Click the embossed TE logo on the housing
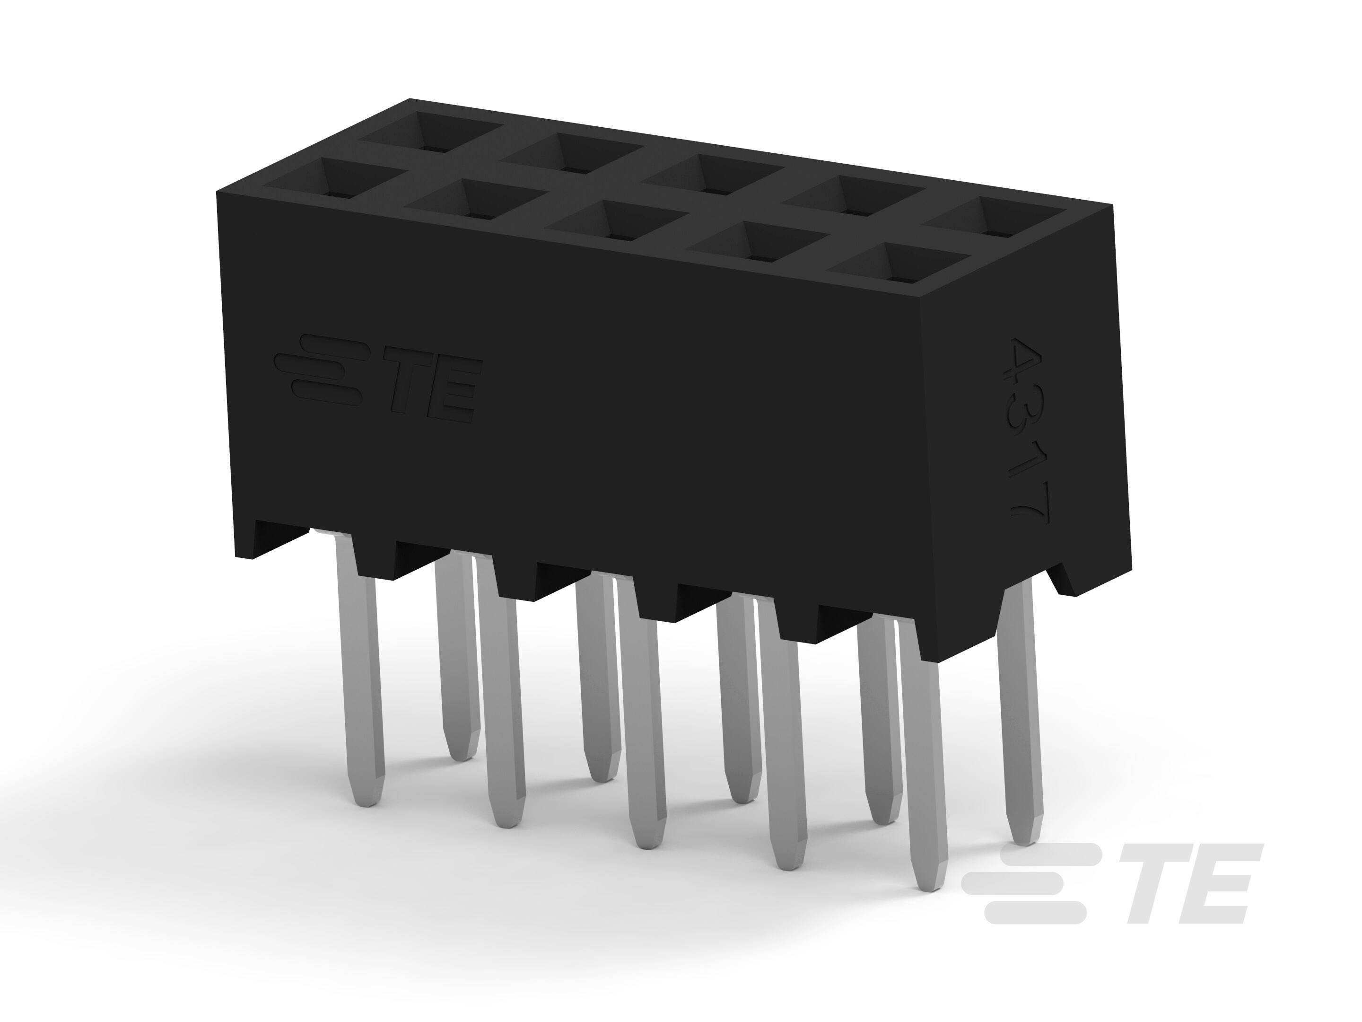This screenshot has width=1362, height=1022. click(377, 378)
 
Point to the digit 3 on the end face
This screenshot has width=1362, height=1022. click(1028, 418)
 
